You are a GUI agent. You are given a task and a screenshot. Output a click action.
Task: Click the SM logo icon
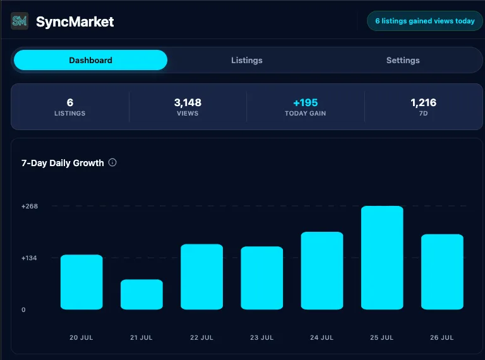(x=20, y=21)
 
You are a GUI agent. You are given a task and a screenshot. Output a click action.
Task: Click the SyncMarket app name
(x=75, y=21)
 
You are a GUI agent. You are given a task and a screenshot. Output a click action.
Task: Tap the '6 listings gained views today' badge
(x=424, y=21)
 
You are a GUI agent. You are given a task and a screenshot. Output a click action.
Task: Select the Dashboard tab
(x=91, y=60)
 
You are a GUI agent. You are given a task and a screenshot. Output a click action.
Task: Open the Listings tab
(x=247, y=60)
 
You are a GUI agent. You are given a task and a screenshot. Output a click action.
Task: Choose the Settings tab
(x=403, y=60)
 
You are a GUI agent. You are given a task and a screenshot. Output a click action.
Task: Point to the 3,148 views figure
(x=188, y=102)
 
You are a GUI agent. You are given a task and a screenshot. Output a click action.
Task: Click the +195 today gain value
(x=306, y=102)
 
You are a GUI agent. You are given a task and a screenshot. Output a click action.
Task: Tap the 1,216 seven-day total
(x=424, y=102)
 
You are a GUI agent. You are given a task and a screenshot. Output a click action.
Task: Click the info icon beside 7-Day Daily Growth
(x=112, y=162)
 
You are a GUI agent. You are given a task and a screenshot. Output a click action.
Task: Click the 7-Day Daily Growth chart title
(x=63, y=163)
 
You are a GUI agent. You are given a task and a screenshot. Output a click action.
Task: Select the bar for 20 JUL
(x=81, y=282)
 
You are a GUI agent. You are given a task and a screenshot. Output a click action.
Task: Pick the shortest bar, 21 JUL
(x=141, y=294)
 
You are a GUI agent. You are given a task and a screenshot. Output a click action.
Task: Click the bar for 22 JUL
(x=201, y=277)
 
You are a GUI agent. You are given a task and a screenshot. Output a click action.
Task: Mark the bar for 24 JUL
(x=322, y=270)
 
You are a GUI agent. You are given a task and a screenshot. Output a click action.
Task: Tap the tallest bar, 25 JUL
(x=382, y=258)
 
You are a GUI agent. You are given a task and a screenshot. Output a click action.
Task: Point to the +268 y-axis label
(x=30, y=207)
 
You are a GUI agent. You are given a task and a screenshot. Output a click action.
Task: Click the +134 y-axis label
(x=29, y=258)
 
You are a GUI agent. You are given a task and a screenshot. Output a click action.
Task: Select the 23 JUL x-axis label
(x=261, y=337)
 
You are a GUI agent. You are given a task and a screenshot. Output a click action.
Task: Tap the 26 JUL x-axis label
(x=441, y=337)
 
